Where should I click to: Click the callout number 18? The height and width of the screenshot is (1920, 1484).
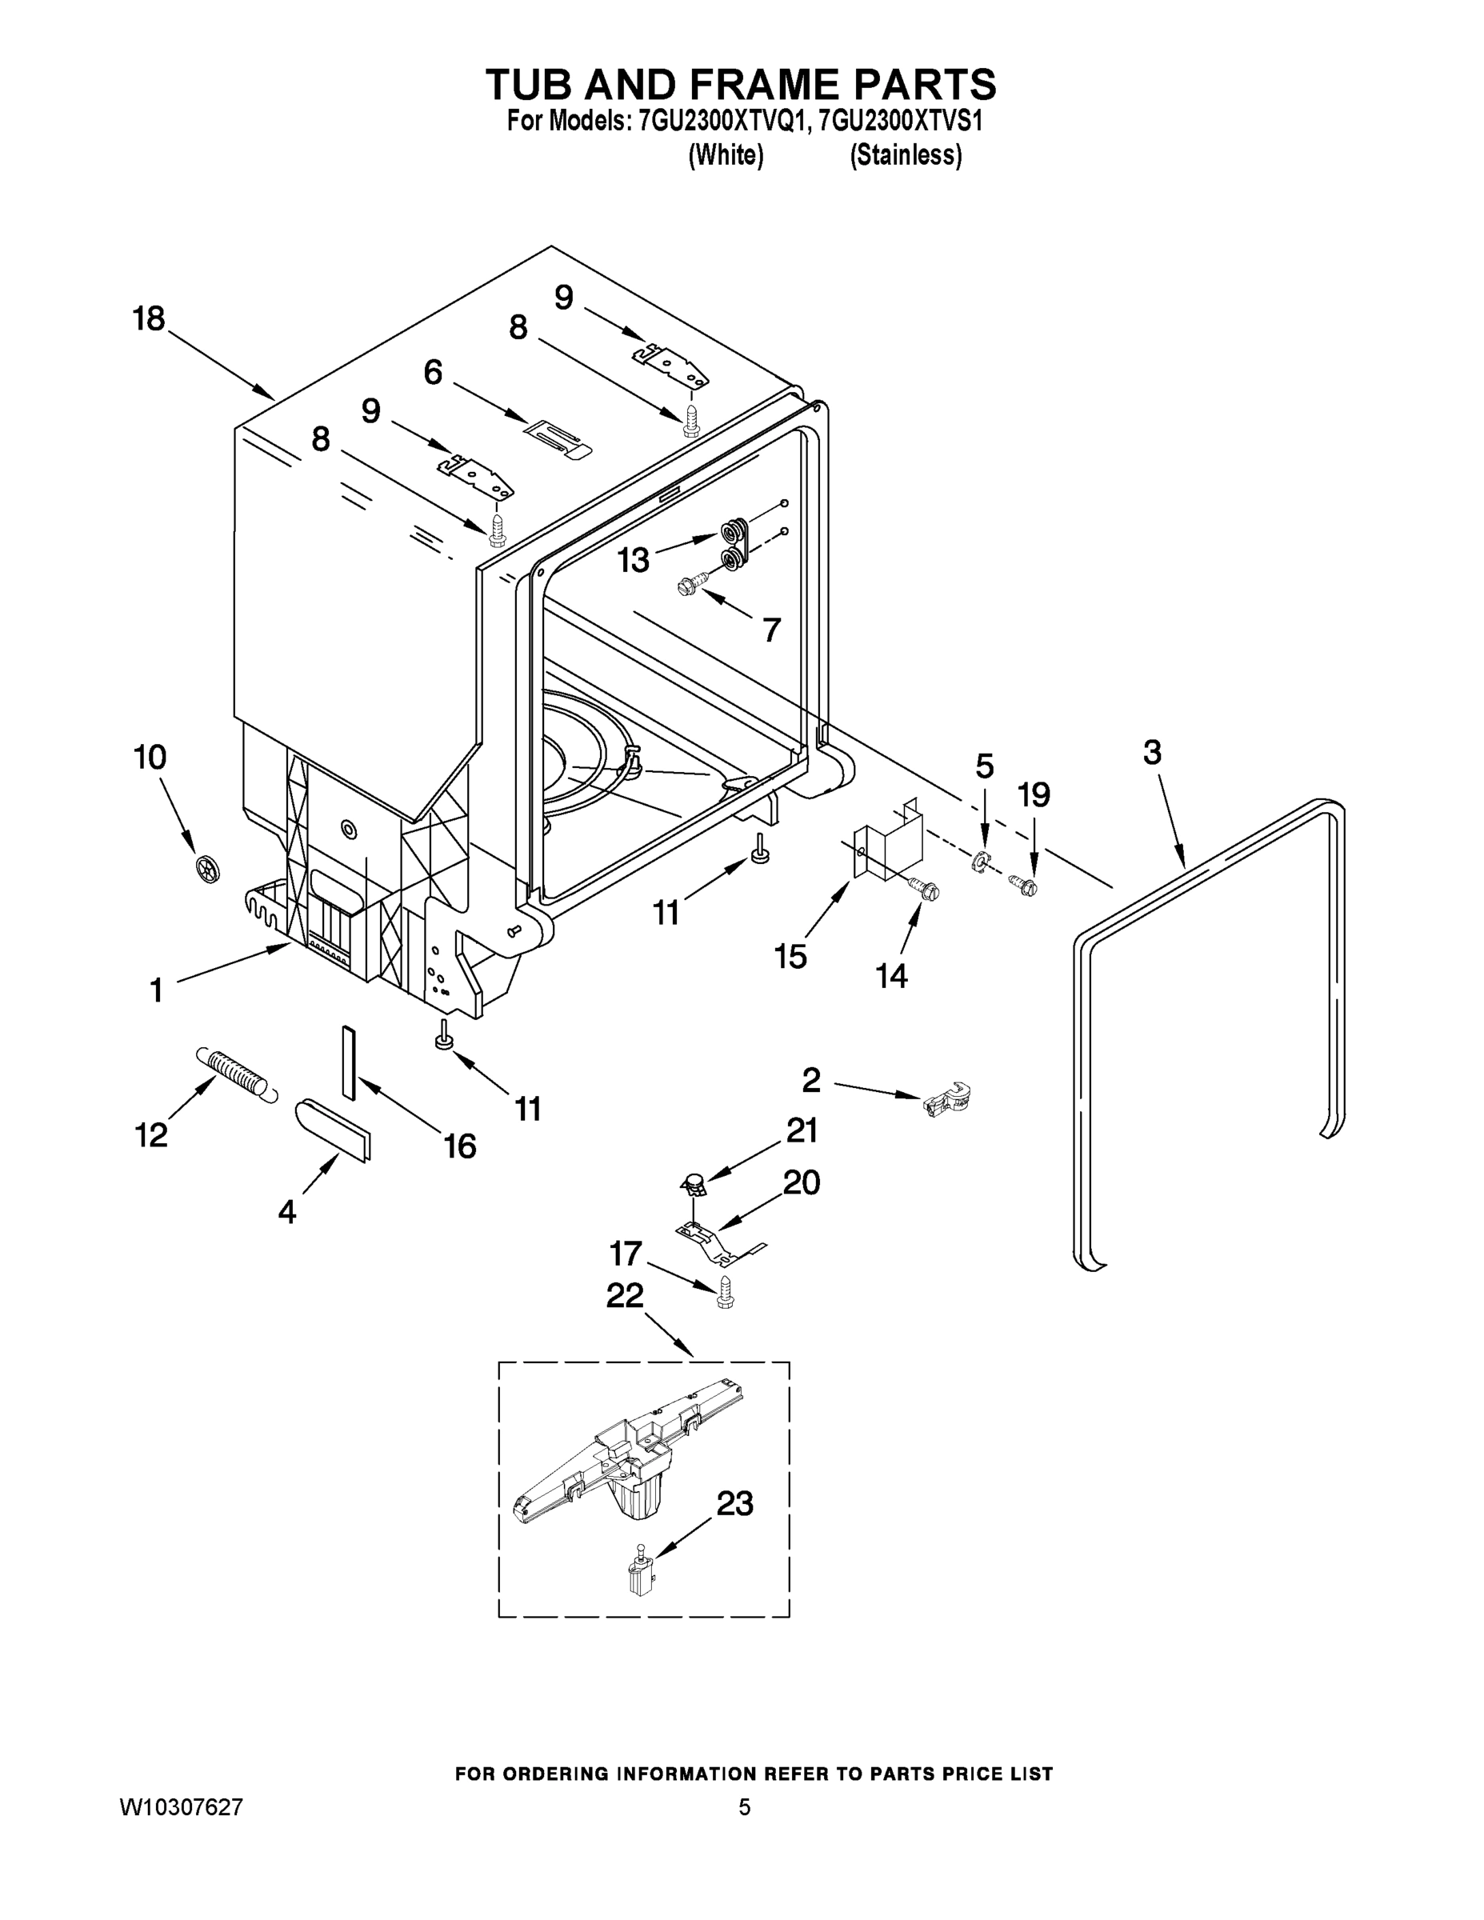(149, 318)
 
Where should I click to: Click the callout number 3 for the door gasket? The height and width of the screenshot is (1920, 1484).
(1152, 753)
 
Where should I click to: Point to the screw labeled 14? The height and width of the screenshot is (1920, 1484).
(926, 889)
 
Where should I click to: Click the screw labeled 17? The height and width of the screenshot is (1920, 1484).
(726, 1292)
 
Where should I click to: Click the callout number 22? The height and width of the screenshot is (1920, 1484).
(624, 1295)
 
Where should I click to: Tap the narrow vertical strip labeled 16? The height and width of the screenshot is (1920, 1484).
(348, 1062)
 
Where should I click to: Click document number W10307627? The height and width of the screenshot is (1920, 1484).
(181, 1807)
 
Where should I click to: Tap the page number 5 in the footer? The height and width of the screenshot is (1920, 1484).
(745, 1807)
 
